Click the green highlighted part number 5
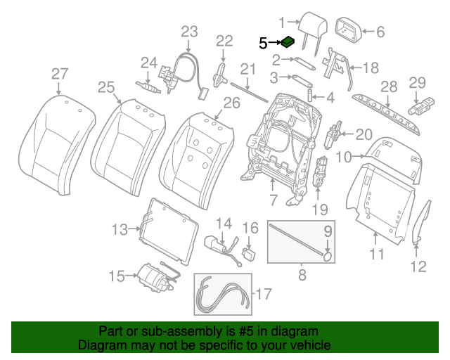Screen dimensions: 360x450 (288, 43)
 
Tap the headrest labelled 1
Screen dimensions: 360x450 (309, 27)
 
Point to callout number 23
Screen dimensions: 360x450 (190, 32)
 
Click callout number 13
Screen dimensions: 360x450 (120, 228)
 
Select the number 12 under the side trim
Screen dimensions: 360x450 (418, 266)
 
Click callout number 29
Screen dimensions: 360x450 (418, 82)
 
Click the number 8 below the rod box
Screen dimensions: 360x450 (302, 276)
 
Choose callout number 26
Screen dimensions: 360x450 (231, 103)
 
